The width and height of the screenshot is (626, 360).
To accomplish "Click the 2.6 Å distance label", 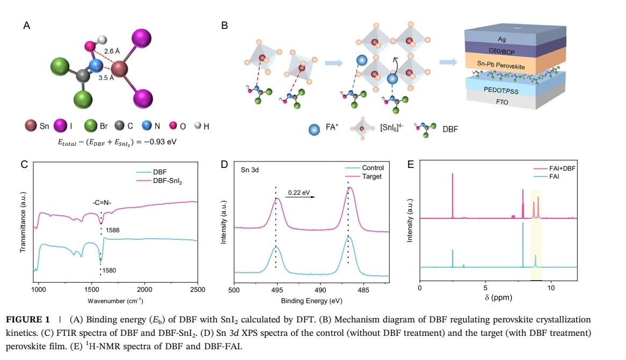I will coord(112,52).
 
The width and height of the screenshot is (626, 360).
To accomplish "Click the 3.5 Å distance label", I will coord(106,78).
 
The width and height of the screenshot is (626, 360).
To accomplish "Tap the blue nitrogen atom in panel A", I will coord(96,66).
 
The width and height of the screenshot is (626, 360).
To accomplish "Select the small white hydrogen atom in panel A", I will coord(103,40).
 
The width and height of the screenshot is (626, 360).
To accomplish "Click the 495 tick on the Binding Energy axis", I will coord(276,290).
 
